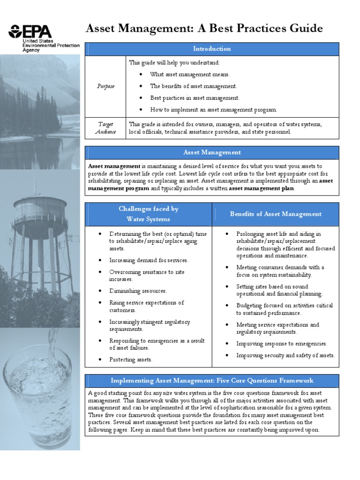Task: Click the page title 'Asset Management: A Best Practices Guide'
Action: (204, 29)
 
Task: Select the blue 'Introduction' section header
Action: (212, 49)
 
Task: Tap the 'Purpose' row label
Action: (105, 86)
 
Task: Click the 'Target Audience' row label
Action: (105, 128)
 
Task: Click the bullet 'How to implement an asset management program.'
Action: (213, 110)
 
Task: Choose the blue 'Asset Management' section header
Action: (212, 152)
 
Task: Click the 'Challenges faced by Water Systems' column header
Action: (148, 214)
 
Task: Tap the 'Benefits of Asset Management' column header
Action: (276, 214)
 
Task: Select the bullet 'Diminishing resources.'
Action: (138, 291)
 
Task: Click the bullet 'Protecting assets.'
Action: (131, 360)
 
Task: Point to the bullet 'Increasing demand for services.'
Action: (149, 260)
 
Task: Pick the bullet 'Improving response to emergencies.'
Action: (282, 344)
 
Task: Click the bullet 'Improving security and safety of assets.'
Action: (285, 355)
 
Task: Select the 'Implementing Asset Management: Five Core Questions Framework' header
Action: (212, 380)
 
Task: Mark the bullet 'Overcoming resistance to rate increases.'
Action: (147, 275)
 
